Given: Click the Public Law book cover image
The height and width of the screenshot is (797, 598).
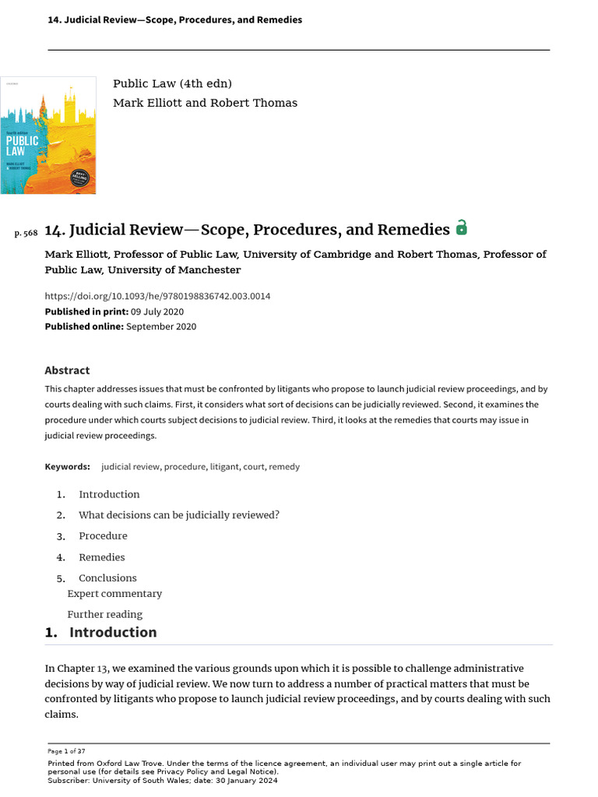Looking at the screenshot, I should (47, 135).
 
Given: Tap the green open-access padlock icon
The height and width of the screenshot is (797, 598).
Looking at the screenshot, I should (462, 228).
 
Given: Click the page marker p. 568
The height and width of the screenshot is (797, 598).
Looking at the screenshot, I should (26, 233).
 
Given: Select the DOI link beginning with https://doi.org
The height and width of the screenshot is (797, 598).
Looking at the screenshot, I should (157, 297).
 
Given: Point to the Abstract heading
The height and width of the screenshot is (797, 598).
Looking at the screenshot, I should (67, 370).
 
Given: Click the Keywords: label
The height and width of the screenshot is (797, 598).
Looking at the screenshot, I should (67, 467).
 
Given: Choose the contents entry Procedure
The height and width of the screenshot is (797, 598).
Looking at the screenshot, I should (103, 536).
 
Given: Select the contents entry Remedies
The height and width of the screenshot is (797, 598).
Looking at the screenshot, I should (101, 557).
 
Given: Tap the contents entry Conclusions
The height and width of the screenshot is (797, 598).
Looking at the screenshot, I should (107, 578).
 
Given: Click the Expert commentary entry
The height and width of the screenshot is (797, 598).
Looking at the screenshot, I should (114, 594).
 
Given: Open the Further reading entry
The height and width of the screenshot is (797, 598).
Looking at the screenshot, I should (104, 615).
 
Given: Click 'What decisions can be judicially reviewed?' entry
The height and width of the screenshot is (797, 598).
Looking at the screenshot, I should (178, 515).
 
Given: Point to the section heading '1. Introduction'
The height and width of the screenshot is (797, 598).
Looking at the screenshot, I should (100, 633).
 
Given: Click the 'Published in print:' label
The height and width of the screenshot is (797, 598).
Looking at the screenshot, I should (86, 311).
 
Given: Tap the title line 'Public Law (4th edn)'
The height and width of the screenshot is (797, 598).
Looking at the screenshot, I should (172, 84).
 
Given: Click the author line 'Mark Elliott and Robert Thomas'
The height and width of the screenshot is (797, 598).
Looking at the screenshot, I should (205, 104).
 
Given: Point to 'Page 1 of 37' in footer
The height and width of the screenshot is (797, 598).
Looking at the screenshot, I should (66, 751).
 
